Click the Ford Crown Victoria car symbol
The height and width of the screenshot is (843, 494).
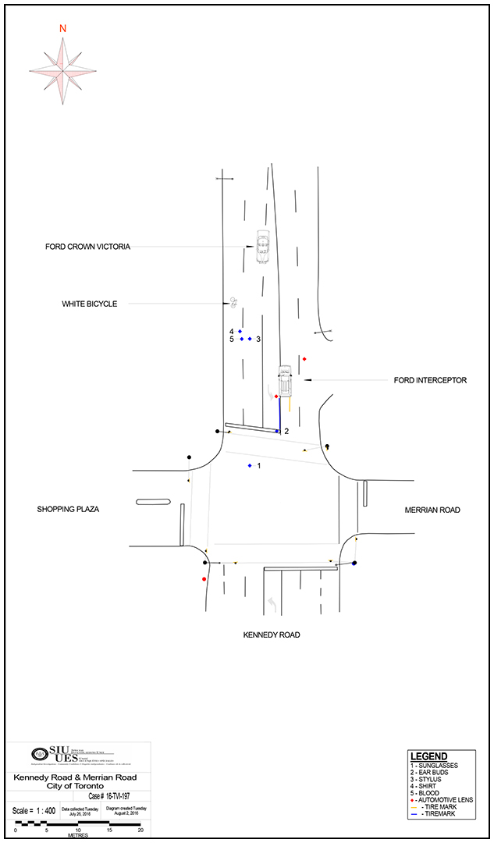click(x=263, y=246)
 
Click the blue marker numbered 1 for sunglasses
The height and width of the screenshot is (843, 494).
click(x=250, y=466)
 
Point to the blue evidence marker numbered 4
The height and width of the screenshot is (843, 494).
click(x=240, y=332)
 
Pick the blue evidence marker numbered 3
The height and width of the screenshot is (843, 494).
click(x=250, y=339)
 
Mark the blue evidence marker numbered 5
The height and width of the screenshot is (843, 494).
click(x=242, y=339)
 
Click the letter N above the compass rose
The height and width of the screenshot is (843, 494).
click(x=62, y=29)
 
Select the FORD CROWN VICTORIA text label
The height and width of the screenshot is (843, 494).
click(x=87, y=247)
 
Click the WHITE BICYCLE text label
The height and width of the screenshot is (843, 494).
click(x=89, y=304)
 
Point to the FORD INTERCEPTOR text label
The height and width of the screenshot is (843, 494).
click(x=430, y=380)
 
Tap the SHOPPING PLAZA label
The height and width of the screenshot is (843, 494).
click(x=68, y=509)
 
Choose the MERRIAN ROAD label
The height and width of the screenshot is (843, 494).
click(x=432, y=510)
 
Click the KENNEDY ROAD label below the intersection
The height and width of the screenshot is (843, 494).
click(x=272, y=635)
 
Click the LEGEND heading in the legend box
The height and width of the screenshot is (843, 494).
click(x=429, y=756)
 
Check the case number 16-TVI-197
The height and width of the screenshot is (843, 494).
click(x=108, y=796)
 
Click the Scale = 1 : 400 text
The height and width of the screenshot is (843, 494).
click(x=33, y=810)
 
